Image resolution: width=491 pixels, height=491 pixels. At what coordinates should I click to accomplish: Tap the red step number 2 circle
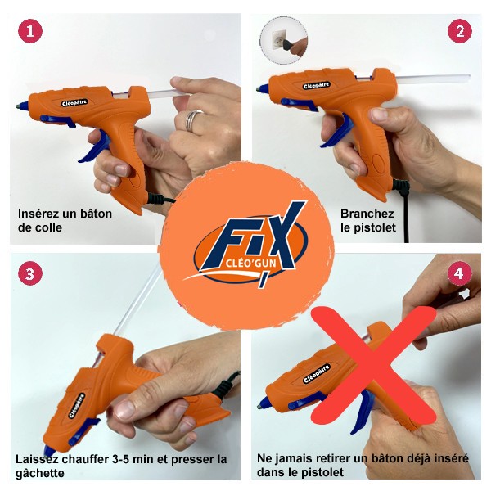[460, 32]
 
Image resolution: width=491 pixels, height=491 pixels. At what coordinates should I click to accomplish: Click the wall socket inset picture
[280, 38]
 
